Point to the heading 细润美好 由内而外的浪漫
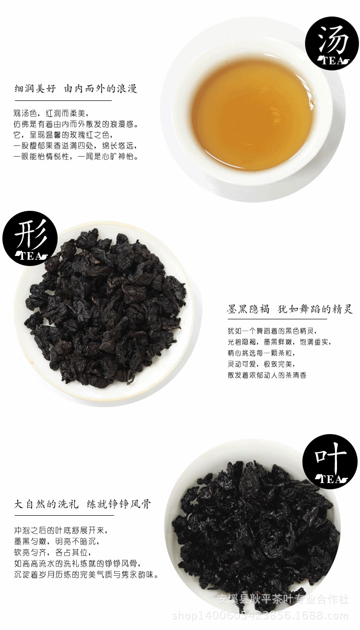click(x=76, y=89)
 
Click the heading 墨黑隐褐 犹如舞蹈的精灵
click(x=290, y=309)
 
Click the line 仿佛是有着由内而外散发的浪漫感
click(x=76, y=124)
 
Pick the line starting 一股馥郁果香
click(x=76, y=146)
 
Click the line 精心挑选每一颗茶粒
click(x=261, y=353)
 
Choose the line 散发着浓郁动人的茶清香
click(x=267, y=375)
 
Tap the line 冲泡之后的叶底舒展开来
click(x=61, y=531)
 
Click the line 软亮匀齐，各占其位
click(x=53, y=553)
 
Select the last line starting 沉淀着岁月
click(x=86, y=575)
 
